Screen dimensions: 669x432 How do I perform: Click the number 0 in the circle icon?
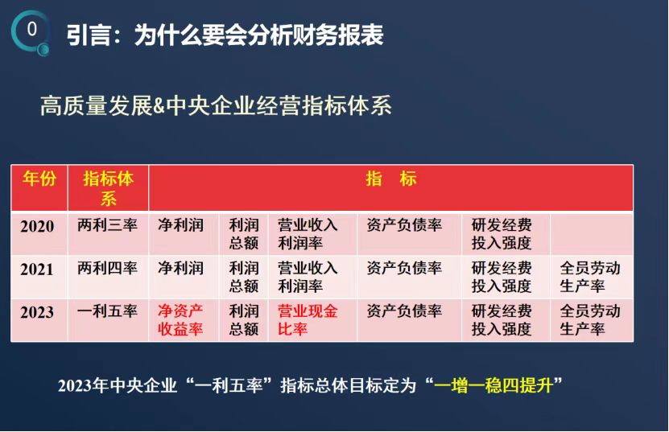(x=32, y=29)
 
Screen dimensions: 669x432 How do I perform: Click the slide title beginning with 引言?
(x=225, y=35)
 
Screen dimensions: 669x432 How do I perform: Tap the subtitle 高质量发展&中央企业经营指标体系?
(x=216, y=105)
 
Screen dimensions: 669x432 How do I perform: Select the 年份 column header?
(x=39, y=179)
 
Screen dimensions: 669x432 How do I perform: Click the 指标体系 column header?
(x=109, y=188)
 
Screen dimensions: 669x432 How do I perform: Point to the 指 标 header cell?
(x=390, y=179)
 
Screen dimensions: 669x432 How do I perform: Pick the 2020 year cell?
(x=37, y=226)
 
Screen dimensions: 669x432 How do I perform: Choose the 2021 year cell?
(x=37, y=269)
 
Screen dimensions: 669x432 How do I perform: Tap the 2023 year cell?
(x=37, y=312)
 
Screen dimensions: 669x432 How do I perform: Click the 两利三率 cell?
(x=108, y=224)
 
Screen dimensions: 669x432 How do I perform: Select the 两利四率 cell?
(x=108, y=268)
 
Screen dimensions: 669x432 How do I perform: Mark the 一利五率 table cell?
(x=108, y=311)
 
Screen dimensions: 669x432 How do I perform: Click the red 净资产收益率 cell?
(x=180, y=320)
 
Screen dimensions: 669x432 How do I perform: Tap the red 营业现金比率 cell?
(x=308, y=320)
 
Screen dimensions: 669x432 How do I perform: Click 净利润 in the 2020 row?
(x=180, y=224)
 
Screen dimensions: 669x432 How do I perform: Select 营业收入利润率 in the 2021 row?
(x=308, y=277)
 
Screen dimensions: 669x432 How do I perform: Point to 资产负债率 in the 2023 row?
(x=404, y=311)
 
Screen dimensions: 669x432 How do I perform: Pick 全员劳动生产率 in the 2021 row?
(x=590, y=277)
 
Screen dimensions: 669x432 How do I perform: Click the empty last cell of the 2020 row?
(x=592, y=233)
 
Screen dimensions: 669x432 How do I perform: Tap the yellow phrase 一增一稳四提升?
(x=493, y=385)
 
